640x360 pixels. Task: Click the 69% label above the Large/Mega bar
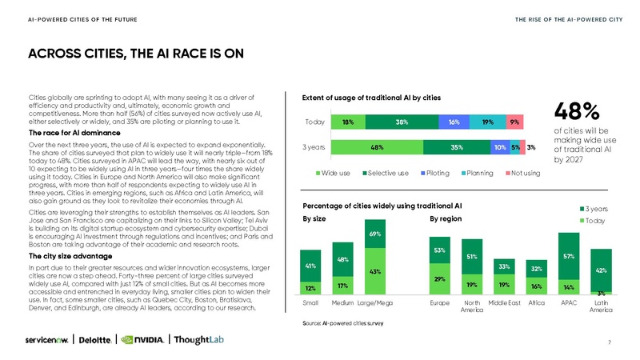(x=374, y=234)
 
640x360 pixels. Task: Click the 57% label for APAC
(x=569, y=256)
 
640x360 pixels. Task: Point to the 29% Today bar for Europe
(x=439, y=278)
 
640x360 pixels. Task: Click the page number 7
(x=610, y=343)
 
